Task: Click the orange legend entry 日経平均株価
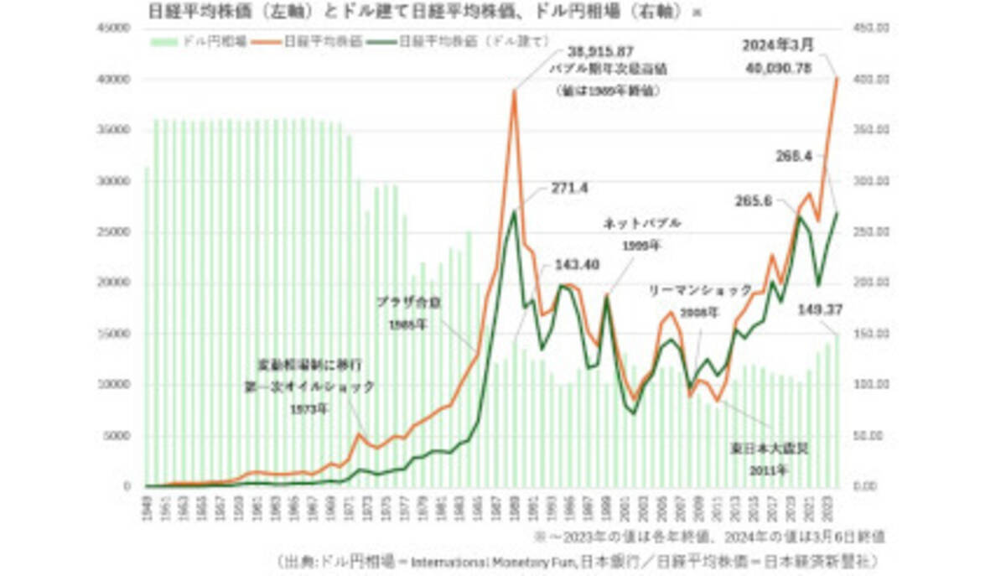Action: (x=323, y=40)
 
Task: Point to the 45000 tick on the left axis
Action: (x=115, y=28)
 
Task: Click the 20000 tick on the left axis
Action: (x=115, y=283)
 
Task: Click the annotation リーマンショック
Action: (x=701, y=290)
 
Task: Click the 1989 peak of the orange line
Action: (x=514, y=91)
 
